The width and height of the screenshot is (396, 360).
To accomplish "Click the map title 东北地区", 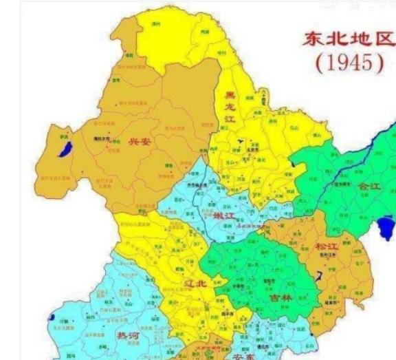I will click(349, 39).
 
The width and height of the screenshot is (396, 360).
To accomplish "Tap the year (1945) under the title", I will click(349, 63).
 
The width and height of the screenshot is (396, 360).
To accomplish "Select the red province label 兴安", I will click(139, 142).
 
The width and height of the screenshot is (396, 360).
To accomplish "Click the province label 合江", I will click(368, 187).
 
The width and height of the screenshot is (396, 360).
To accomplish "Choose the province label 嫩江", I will click(224, 217).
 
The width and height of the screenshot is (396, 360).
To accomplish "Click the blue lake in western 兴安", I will click(65, 145).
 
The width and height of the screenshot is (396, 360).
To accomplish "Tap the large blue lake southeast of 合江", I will click(388, 228).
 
